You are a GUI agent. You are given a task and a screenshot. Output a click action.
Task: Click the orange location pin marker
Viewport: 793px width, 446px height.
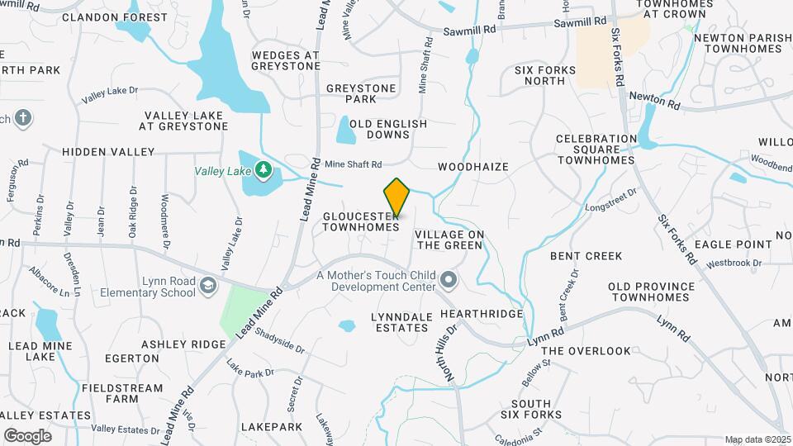[397, 197]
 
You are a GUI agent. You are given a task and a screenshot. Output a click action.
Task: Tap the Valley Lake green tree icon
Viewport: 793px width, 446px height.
[264, 170]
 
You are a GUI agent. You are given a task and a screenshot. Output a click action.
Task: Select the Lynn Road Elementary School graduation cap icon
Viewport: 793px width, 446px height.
[209, 286]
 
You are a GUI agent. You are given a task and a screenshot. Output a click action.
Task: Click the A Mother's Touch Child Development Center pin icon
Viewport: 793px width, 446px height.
[449, 281]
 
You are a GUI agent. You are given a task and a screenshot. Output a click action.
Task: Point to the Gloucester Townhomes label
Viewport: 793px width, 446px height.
[361, 221]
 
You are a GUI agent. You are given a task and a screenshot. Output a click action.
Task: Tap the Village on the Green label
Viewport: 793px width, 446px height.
[449, 240]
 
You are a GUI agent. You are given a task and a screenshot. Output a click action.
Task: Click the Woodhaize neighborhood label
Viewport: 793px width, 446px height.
[473, 167]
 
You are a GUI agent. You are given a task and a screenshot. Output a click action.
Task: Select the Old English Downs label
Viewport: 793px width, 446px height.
[388, 129]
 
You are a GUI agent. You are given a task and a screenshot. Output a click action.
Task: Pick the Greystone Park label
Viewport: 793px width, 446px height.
[363, 93]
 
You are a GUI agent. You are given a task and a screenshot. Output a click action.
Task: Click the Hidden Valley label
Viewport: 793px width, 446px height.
[109, 152]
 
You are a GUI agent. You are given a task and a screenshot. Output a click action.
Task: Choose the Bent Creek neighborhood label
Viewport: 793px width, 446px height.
[586, 256]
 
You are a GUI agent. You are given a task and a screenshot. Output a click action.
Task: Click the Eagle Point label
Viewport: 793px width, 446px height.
[733, 244]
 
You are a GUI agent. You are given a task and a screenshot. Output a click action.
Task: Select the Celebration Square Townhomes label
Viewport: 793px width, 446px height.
[596, 149]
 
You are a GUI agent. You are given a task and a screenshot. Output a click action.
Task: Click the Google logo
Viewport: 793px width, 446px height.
[26, 435]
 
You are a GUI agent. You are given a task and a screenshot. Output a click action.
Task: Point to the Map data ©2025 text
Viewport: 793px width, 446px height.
[757, 439]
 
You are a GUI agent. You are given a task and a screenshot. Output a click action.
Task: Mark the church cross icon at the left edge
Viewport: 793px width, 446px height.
[22, 117]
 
